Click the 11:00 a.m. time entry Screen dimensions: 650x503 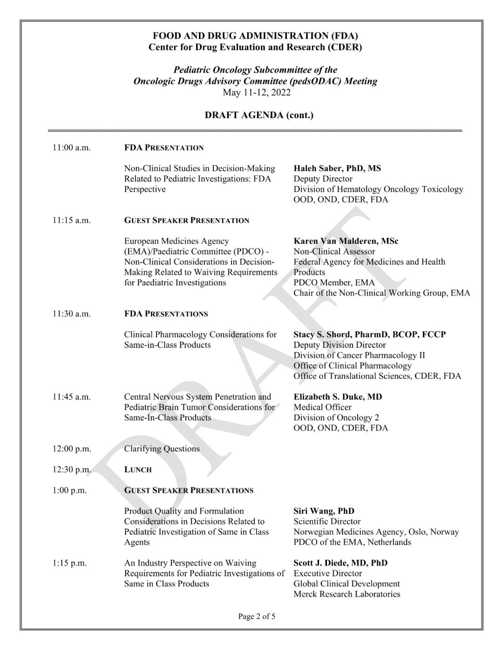(x=71, y=148)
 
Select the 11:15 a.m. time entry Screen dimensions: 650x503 (x=71, y=221)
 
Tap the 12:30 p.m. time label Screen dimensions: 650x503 (x=71, y=470)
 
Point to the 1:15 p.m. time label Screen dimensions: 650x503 (x=69, y=563)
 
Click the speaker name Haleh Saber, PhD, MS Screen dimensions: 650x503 (x=337, y=168)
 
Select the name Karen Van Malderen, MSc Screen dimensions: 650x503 (x=346, y=241)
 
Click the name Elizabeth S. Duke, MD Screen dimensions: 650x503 (x=338, y=397)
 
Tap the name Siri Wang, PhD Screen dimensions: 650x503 (x=324, y=511)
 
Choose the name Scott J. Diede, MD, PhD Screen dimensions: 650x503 (x=340, y=563)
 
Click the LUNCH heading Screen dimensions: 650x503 (x=138, y=470)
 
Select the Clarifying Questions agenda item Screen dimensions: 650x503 (x=162, y=449)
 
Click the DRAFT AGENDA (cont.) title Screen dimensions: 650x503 (x=259, y=115)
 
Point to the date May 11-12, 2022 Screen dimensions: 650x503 (x=257, y=92)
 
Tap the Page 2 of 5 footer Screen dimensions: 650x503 (x=257, y=617)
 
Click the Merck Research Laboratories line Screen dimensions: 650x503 (x=347, y=594)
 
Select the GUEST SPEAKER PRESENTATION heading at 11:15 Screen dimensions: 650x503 (x=186, y=221)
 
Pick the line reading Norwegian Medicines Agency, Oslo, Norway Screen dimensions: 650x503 (x=376, y=532)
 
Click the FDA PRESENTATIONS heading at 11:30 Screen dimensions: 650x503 (x=166, y=314)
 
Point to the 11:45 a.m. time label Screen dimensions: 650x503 (x=71, y=397)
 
